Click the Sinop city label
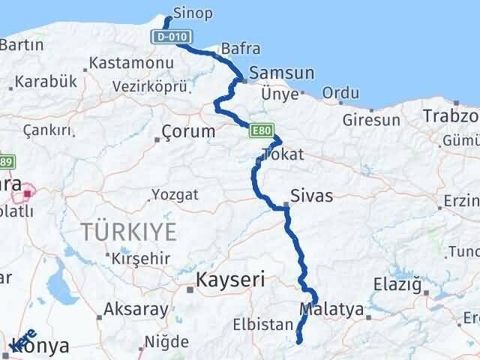click(x=192, y=13)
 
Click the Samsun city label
click(x=281, y=73)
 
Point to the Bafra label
click(x=241, y=49)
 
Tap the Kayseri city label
click(x=230, y=280)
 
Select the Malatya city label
click(x=331, y=309)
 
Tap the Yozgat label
click(x=175, y=194)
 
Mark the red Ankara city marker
click(x=28, y=193)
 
